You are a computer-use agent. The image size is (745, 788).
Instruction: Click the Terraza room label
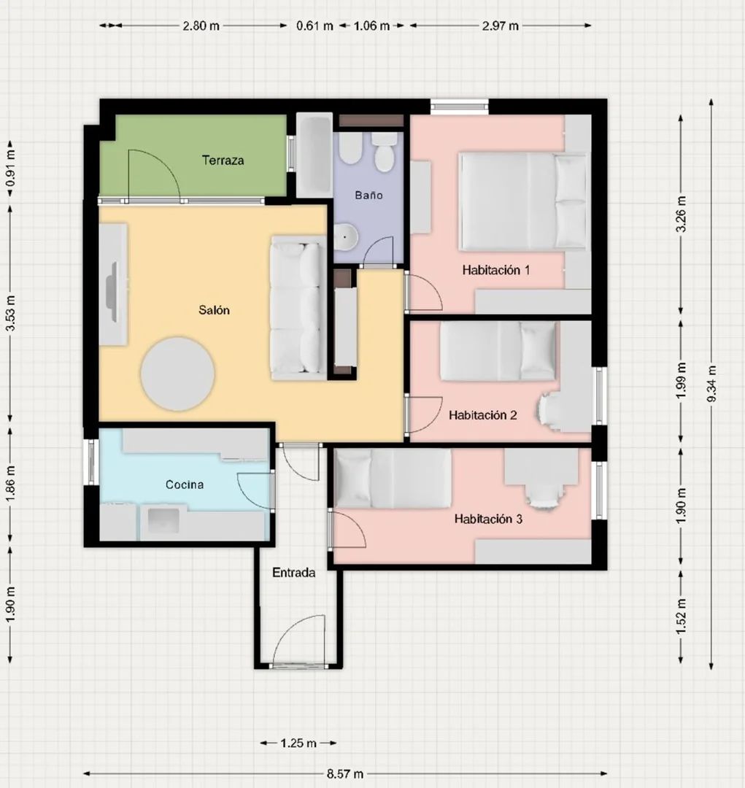(223, 161)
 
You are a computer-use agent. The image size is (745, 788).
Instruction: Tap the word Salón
(214, 310)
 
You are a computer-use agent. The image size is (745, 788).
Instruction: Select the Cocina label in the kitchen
(185, 484)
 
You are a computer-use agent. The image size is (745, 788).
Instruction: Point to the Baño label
(368, 195)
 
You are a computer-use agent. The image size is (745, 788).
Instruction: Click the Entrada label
(293, 573)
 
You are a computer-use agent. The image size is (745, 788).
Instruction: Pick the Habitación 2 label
(482, 415)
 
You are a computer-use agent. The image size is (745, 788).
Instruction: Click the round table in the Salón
(177, 374)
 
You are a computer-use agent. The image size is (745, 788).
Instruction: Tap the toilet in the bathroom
(385, 151)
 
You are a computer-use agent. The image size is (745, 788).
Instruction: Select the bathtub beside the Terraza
(314, 155)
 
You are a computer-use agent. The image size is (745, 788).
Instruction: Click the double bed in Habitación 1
(522, 201)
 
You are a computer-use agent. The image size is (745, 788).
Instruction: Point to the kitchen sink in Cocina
(163, 520)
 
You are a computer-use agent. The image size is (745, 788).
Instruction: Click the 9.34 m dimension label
(711, 384)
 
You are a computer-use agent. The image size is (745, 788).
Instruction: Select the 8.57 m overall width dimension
(345, 773)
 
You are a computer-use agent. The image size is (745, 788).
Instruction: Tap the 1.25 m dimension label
(298, 743)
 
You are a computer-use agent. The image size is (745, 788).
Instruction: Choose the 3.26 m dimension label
(681, 214)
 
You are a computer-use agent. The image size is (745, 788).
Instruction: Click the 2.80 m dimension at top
(201, 26)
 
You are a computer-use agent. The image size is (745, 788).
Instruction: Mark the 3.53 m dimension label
(10, 313)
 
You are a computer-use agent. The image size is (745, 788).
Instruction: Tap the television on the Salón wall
(112, 292)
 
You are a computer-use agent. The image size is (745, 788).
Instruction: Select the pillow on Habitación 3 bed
(353, 479)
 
